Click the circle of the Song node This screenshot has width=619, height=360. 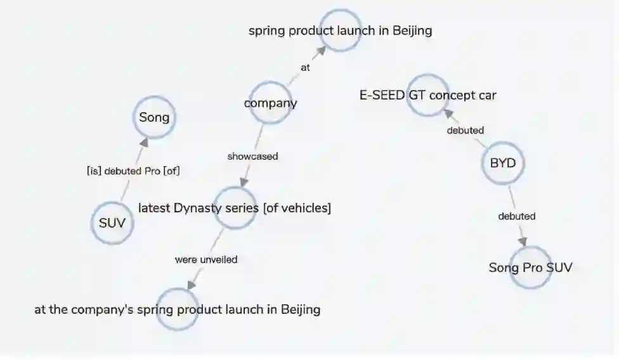154,117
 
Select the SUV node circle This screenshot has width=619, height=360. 112,222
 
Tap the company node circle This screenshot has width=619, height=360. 270,103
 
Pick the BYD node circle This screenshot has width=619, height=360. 503,164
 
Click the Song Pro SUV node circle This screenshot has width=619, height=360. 530,267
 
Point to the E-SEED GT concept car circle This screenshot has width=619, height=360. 427,95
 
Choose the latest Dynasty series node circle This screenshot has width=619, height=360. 235,208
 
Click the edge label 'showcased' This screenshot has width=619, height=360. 252,156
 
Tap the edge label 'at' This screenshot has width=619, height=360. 305,68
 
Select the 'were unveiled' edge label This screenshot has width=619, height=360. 206,259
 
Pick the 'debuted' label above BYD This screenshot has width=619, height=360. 465,131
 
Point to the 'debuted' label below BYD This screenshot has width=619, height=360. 516,216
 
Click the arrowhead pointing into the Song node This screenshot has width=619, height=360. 145,142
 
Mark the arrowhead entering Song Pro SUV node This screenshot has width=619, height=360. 523,242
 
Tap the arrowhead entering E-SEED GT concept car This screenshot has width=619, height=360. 447,113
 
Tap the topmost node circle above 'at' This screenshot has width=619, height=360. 340,30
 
